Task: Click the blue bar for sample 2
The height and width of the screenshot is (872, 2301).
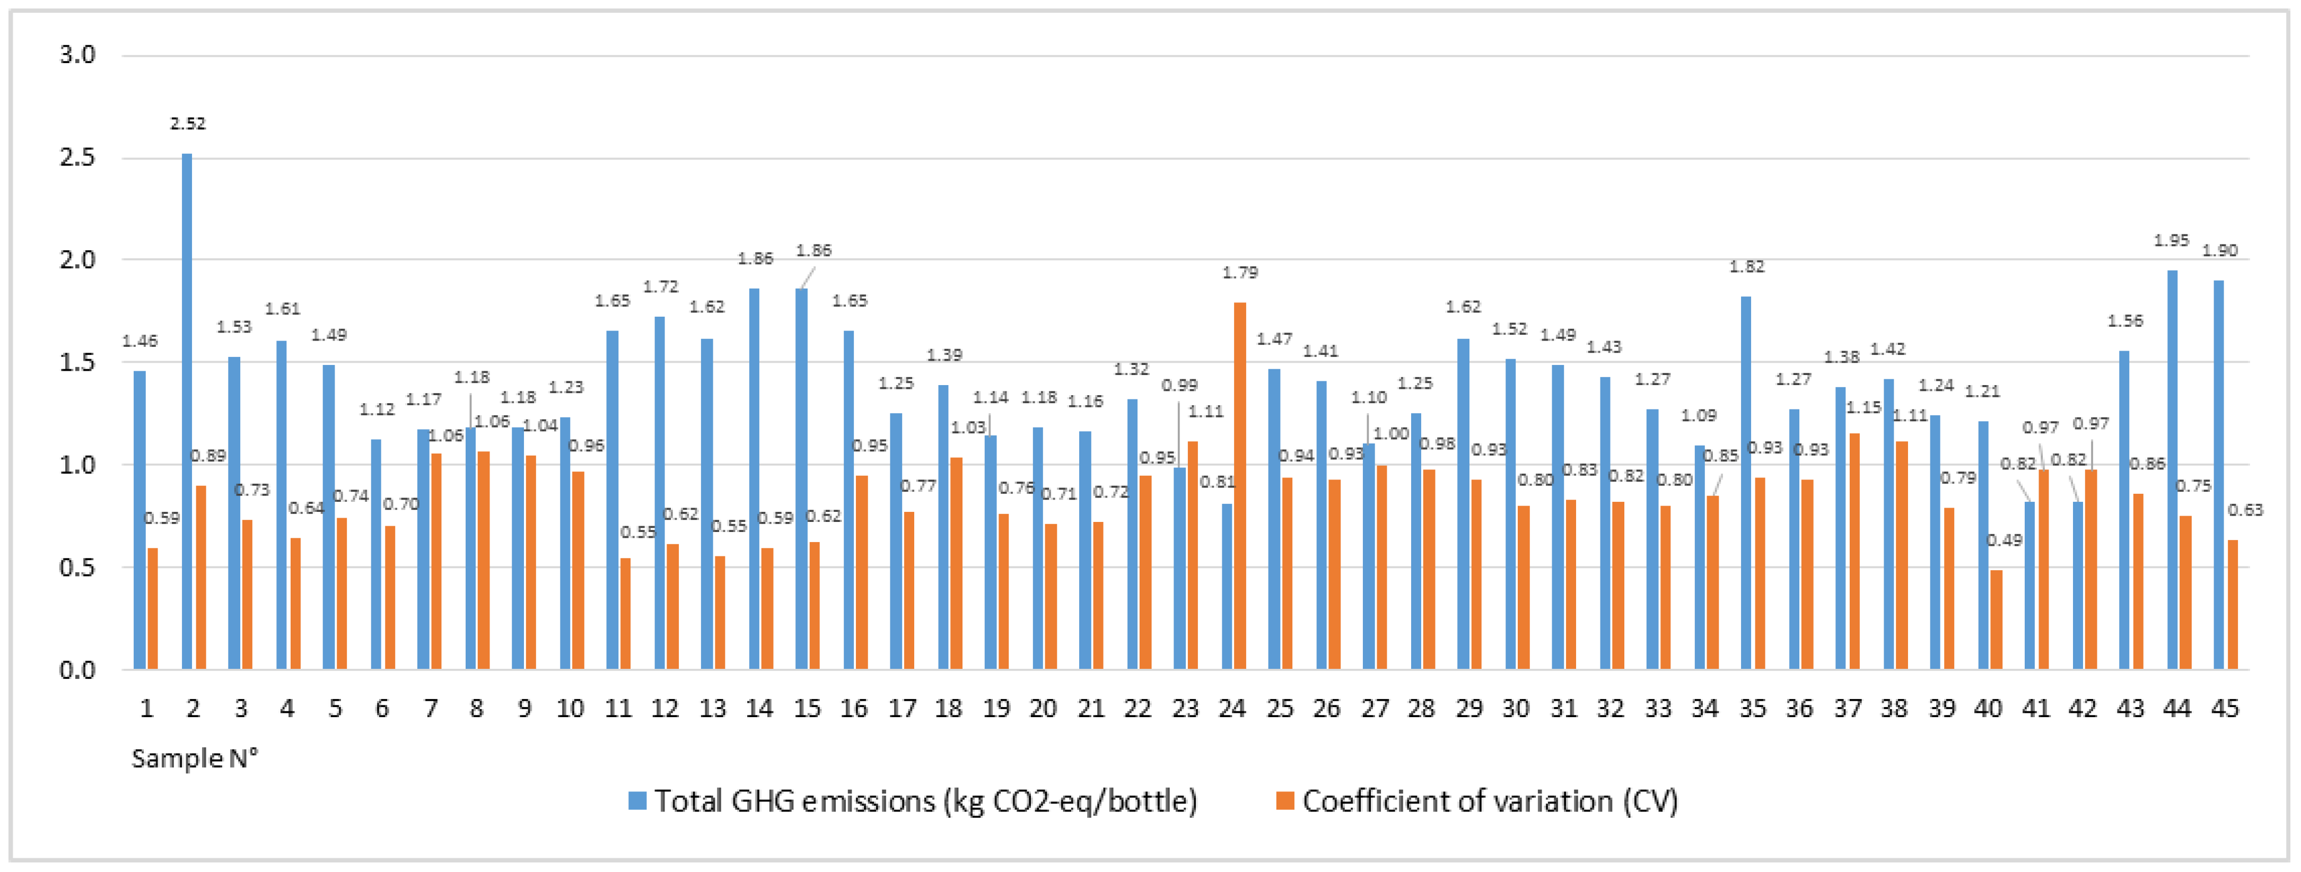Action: [x=187, y=411]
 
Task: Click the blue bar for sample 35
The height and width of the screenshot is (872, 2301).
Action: [x=1745, y=483]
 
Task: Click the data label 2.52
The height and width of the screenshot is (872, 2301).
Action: [x=188, y=123]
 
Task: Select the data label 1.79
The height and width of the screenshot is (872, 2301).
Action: [x=1240, y=273]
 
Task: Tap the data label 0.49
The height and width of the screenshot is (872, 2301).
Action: [x=2003, y=539]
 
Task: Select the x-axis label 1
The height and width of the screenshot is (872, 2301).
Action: [x=146, y=709]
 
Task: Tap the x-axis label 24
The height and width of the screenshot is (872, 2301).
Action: [x=1232, y=709]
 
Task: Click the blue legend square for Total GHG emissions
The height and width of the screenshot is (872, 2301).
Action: [x=637, y=800]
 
